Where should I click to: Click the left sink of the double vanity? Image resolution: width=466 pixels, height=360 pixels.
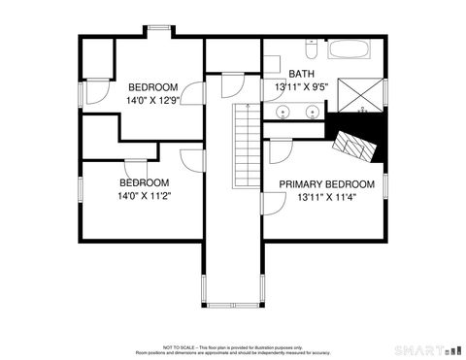click(283, 114)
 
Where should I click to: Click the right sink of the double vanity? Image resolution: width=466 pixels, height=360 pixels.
click(313, 114)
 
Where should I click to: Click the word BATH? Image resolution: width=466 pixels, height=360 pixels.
click(301, 74)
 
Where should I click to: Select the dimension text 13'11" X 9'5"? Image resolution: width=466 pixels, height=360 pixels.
click(302, 86)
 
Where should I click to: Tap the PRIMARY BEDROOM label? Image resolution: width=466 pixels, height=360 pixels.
click(326, 184)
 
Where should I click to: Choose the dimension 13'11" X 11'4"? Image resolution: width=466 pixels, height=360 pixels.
click(326, 198)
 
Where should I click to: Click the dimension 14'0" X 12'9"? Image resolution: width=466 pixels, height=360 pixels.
click(153, 100)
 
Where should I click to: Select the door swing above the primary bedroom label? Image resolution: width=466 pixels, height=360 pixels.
click(282, 152)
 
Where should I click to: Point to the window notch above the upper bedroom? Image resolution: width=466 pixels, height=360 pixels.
click(158, 30)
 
